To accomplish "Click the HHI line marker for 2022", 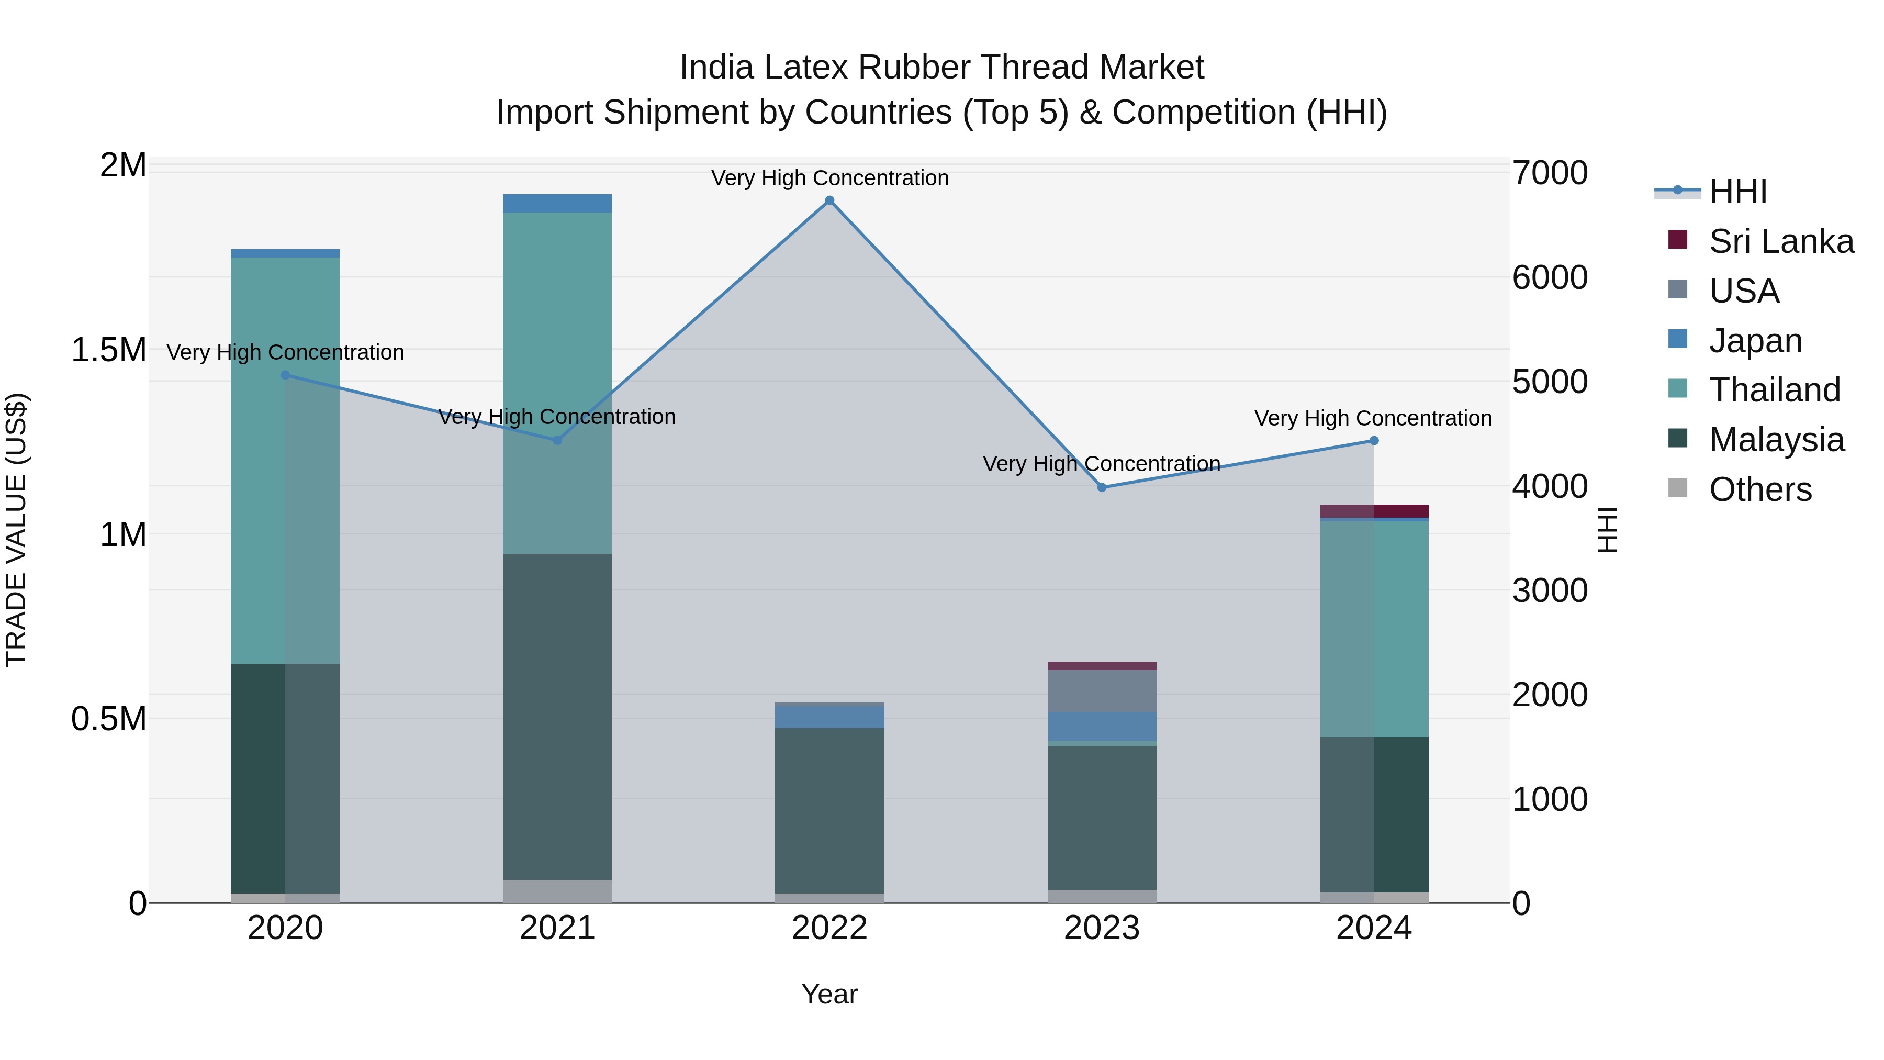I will coord(829,200).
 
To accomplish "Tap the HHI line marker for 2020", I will coord(285,375).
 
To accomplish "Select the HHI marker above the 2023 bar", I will coord(1102,487).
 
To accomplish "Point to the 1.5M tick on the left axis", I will coord(108,350).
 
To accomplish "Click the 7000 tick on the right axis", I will coord(1549,173).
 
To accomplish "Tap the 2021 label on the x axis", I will coord(557,928).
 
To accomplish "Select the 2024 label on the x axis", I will coord(1374,928).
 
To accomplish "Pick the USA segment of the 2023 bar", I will coord(1102,690).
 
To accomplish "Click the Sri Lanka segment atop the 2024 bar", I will coord(1374,510).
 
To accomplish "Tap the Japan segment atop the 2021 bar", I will coord(557,204).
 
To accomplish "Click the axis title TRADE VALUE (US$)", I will coord(16,530).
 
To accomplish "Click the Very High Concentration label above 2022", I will coord(829,178).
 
